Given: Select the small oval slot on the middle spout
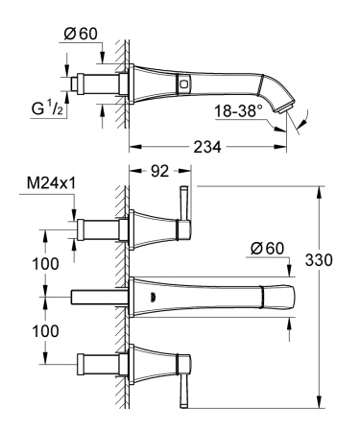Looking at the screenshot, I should click(147, 298).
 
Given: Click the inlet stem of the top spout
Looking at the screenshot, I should click(98, 83).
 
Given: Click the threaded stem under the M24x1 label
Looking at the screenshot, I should click(96, 229).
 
